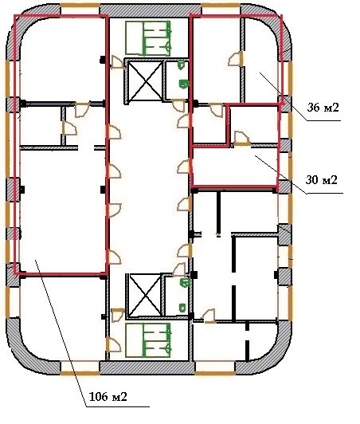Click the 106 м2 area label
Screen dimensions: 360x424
(108, 396)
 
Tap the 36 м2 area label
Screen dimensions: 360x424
(323, 108)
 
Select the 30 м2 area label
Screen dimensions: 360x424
(321, 179)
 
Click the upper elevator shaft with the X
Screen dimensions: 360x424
(145, 80)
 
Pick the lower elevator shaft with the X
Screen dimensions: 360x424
(145, 295)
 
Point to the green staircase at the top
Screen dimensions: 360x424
(148, 38)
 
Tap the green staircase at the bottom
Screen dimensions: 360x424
(148, 340)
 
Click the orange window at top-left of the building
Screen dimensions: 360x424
(80, 6)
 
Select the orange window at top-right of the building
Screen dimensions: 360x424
(221, 6)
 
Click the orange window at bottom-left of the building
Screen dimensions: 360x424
(80, 374)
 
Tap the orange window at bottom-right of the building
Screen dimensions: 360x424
(214, 374)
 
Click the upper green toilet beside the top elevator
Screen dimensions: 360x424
(181, 65)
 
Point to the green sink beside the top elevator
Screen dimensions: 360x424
(184, 84)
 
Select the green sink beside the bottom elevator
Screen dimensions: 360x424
(185, 283)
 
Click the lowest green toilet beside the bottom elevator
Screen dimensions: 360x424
(182, 308)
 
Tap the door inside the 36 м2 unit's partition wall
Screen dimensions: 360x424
(236, 59)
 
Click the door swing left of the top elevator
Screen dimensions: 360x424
(118, 62)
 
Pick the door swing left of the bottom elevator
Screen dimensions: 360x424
(118, 315)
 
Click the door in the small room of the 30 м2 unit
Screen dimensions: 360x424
(242, 139)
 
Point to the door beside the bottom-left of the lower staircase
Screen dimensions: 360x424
(114, 344)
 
